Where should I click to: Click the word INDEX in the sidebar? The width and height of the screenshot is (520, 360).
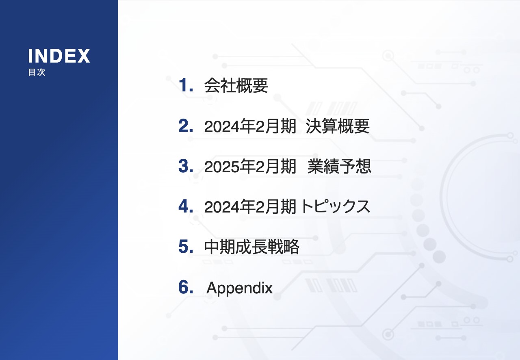[x=59, y=56]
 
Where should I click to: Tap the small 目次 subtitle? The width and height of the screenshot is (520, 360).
[x=37, y=73]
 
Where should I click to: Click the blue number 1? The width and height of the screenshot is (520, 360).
[x=185, y=85]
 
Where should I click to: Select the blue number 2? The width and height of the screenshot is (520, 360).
[x=185, y=126]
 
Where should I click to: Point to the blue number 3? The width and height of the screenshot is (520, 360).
[x=185, y=167]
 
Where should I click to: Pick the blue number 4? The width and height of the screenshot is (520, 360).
[x=185, y=207]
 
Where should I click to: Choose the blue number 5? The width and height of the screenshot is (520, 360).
[x=185, y=247]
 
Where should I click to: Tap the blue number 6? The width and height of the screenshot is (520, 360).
[x=185, y=288]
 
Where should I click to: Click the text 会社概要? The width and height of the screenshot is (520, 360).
[x=236, y=86]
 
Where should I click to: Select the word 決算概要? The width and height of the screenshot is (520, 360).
[x=338, y=126]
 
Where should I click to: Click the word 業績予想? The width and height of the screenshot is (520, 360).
[x=339, y=167]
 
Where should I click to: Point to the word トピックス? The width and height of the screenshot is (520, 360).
[x=336, y=207]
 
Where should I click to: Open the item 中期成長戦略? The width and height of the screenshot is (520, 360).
[x=252, y=247]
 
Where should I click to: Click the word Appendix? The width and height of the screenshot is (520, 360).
[x=240, y=288]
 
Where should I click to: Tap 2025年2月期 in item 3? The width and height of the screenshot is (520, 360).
[x=250, y=167]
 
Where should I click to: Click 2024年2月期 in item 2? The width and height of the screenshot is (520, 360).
[x=250, y=127]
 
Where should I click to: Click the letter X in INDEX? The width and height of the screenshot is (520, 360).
[x=83, y=56]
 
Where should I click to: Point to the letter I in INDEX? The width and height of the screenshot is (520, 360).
[x=30, y=56]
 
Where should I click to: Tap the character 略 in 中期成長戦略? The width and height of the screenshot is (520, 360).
[x=292, y=247]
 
